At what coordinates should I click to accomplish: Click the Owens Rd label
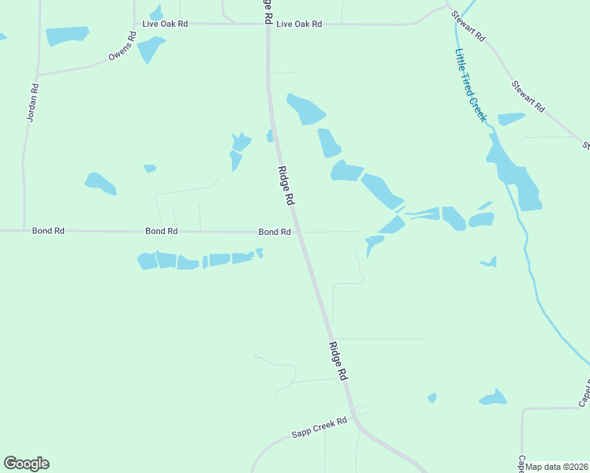pos(121,47)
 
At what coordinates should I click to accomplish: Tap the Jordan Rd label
pos(32,103)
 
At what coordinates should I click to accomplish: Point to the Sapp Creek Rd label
pos(319,426)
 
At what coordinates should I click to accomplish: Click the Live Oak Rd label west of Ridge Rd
pos(165,24)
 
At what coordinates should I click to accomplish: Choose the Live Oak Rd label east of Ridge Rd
pos(299,24)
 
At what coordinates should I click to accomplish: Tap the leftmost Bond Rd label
pos(48,231)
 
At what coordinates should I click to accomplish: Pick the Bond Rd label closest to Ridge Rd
pos(274,232)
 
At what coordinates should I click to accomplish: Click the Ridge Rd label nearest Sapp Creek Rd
pos(338,362)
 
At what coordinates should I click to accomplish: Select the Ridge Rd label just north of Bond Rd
pos(286,186)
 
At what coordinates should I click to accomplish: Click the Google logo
pos(26,464)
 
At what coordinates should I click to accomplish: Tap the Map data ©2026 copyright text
pos(557,467)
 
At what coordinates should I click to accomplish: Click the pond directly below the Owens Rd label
pos(150,48)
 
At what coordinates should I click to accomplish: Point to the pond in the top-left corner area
pos(68,35)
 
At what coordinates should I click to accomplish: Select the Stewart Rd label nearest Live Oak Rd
pos(468,25)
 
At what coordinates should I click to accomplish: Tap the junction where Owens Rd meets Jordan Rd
pos(37,75)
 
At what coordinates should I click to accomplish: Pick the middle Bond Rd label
pos(161,231)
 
